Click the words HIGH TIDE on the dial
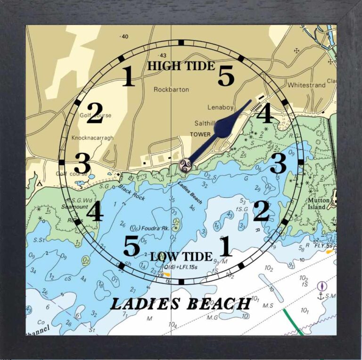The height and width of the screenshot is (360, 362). (x=181, y=66)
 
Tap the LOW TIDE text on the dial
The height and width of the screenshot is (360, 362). (x=181, y=257)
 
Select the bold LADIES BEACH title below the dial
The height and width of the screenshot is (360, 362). (x=180, y=303)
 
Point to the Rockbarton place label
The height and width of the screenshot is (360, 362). (x=171, y=89)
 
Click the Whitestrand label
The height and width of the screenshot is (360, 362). (x=306, y=85)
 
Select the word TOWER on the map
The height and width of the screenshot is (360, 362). (x=200, y=134)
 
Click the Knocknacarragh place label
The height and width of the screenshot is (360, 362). (x=93, y=138)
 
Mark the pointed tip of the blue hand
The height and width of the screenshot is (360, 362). (x=251, y=100)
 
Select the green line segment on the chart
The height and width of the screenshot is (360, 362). (x=293, y=321)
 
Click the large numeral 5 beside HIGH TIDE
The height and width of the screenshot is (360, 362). (x=226, y=76)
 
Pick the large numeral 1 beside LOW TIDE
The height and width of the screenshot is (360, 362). (x=225, y=246)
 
